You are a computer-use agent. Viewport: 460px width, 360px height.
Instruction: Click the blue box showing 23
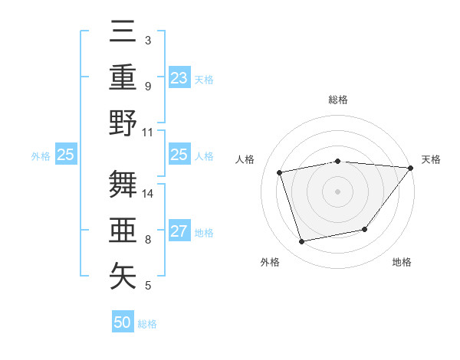179,78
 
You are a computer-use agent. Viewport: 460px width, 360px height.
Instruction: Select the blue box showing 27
179,232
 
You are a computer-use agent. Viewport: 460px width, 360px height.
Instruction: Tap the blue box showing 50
123,323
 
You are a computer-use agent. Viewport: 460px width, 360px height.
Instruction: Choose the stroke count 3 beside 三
147,40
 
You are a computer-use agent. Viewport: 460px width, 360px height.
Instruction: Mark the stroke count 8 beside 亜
147,240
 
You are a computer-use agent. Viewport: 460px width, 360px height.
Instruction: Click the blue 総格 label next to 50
147,324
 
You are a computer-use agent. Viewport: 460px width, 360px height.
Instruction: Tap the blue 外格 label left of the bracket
41,155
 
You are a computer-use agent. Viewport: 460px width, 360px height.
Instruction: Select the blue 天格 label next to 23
204,79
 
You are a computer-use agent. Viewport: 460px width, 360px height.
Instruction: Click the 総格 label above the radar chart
337,100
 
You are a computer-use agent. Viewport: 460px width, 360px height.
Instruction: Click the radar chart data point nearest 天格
410,169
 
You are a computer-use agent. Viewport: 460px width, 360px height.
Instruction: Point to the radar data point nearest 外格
302,242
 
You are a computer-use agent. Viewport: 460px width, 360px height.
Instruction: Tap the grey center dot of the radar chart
337,191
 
